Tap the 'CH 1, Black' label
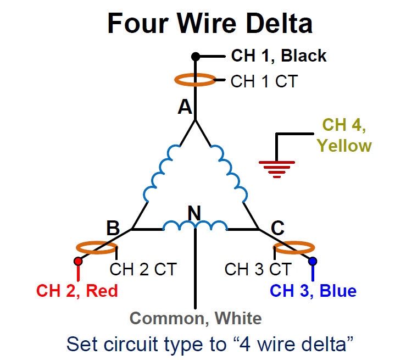tap(279, 56)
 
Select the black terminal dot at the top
tap(195, 57)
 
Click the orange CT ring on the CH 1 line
tap(195, 80)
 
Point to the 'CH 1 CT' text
tap(264, 81)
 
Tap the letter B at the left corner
tap(113, 228)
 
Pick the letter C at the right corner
tap(278, 228)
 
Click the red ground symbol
tap(277, 167)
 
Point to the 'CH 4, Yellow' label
tap(344, 135)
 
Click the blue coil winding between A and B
tap(160, 173)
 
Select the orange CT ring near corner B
tap(95, 248)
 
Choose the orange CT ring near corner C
tap(294, 248)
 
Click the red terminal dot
tap(78, 261)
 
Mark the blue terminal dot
tap(313, 261)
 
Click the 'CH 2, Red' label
tap(77, 290)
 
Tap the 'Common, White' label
tap(195, 318)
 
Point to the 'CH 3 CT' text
tap(257, 269)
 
